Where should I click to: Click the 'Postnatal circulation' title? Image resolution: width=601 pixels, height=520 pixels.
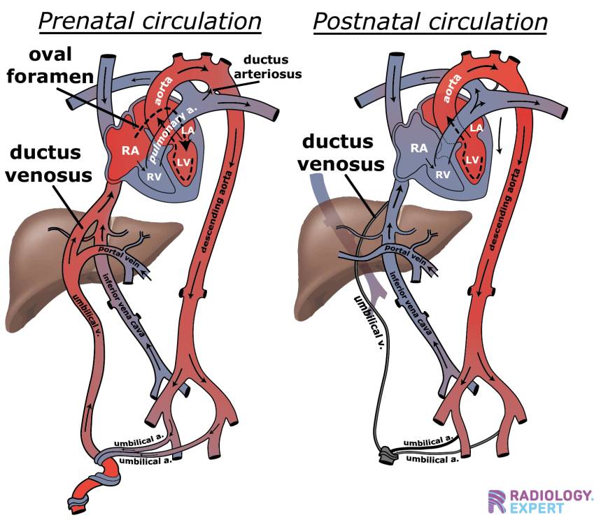tap(430, 22)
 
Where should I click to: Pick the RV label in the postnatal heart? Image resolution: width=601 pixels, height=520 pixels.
tap(443, 175)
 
